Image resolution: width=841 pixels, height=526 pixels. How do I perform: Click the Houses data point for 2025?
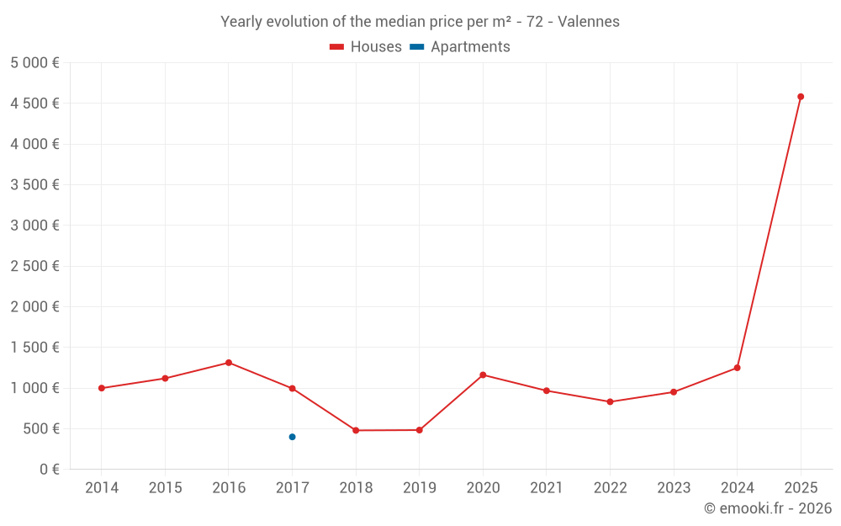[801, 97]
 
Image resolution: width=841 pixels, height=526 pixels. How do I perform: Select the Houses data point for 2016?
[229, 363]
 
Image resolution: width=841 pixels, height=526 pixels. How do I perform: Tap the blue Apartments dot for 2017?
[292, 437]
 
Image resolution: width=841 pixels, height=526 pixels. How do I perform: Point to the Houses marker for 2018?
[356, 430]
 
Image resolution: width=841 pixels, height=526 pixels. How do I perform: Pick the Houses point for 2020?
[483, 375]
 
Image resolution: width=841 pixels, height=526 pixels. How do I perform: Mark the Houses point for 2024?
[737, 368]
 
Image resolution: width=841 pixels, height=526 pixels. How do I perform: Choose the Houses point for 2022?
[610, 401]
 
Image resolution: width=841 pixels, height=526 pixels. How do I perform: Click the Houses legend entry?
[366, 47]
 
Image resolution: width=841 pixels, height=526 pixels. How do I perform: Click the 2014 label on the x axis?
[102, 488]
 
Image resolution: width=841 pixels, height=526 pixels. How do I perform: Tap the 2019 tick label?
[419, 488]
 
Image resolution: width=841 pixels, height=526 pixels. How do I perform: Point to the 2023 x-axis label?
[674, 488]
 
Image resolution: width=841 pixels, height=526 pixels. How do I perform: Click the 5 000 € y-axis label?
[34, 63]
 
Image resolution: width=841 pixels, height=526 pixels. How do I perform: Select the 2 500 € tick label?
[34, 266]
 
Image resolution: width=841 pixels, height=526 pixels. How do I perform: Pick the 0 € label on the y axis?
[50, 470]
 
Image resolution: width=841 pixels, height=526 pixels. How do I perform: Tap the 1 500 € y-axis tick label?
[34, 348]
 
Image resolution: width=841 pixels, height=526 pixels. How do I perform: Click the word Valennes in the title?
[589, 22]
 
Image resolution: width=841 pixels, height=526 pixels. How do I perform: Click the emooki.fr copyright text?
[768, 508]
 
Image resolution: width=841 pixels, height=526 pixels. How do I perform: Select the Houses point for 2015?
[165, 378]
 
